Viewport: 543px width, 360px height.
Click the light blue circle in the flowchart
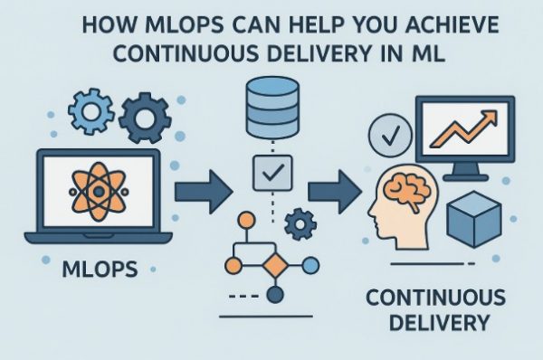[x=310, y=264]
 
